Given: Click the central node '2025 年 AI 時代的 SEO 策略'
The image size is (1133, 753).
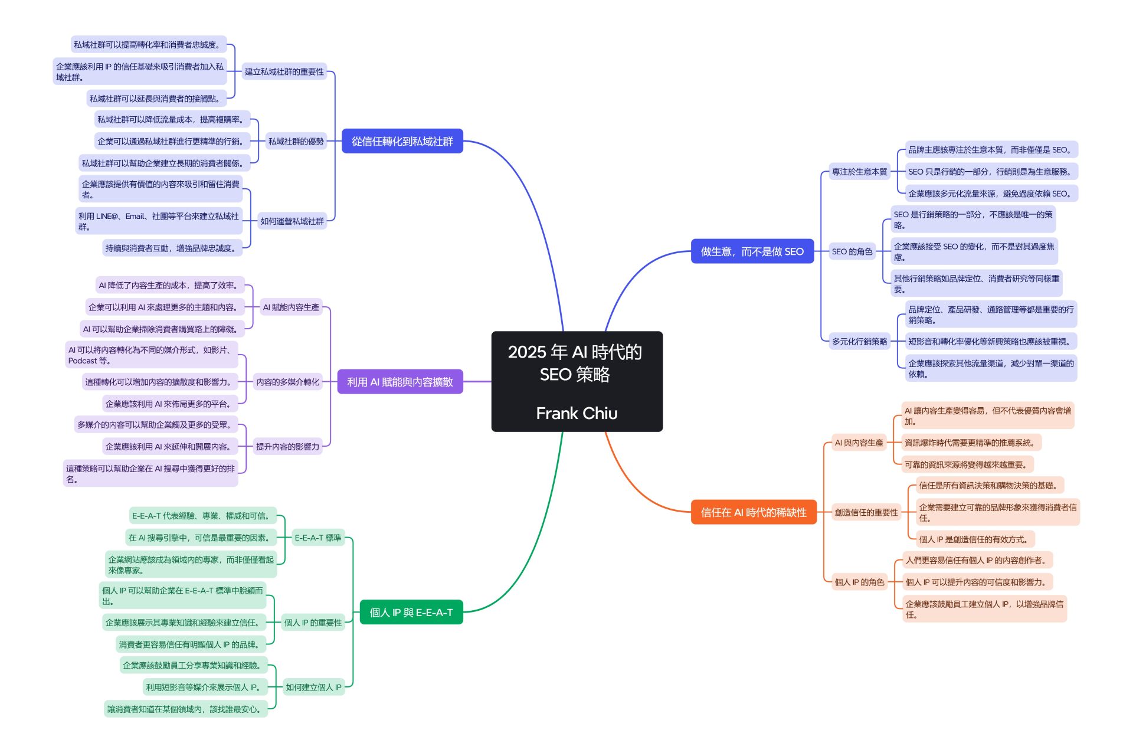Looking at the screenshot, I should click(x=575, y=362).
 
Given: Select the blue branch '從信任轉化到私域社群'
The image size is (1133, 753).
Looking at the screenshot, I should click(x=402, y=141).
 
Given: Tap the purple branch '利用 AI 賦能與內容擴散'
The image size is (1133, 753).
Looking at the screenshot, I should click(x=400, y=382).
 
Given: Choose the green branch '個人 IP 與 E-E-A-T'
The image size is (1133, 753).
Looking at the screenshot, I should click(x=411, y=613).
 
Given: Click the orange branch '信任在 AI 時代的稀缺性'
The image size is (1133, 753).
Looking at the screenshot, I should click(x=753, y=512).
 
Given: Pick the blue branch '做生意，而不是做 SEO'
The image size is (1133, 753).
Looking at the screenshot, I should click(x=752, y=251).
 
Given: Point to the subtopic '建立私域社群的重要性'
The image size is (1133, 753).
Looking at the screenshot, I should click(x=284, y=71).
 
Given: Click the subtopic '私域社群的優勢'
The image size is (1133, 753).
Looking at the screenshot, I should click(x=296, y=141).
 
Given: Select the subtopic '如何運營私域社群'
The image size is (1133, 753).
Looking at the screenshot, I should click(x=292, y=221).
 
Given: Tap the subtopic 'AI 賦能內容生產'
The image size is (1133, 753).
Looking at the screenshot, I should click(x=291, y=307).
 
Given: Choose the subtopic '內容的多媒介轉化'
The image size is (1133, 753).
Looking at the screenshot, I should click(x=287, y=382).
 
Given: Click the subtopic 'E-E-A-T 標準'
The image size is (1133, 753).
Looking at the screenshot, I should click(x=317, y=538).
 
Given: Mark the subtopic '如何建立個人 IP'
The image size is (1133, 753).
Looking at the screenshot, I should click(x=313, y=687).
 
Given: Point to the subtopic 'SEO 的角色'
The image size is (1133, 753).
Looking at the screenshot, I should click(x=852, y=251).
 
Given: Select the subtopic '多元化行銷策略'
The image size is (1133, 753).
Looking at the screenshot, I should click(x=859, y=341).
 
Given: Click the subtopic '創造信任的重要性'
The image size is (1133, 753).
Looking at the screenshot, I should click(x=866, y=512).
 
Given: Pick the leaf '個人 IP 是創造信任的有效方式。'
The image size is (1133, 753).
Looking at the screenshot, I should click(x=974, y=539).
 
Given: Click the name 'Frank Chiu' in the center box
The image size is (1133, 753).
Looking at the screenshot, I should click(x=577, y=413).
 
